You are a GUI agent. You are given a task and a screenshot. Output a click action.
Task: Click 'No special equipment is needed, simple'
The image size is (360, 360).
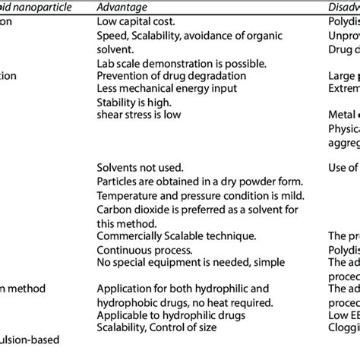(x=190, y=263)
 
